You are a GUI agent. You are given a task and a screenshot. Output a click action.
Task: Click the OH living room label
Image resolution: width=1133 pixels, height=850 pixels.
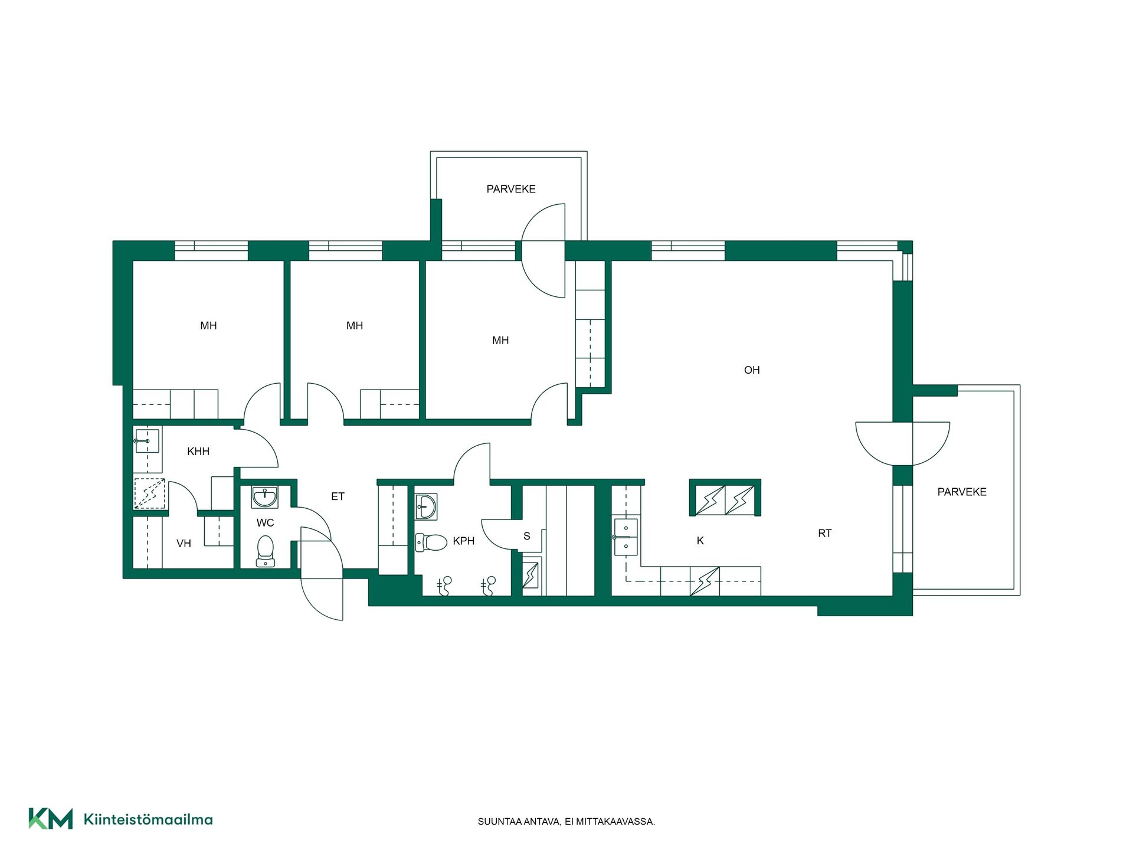[x=752, y=370]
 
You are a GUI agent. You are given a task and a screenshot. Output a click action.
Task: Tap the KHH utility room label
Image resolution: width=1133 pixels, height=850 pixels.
[x=198, y=452]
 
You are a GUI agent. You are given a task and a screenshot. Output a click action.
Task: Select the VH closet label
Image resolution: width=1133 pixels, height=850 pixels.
[x=184, y=544]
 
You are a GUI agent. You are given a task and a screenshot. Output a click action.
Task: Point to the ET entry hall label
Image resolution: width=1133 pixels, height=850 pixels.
[x=338, y=496]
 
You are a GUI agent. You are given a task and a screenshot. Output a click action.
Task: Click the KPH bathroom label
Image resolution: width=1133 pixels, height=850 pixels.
[x=464, y=541]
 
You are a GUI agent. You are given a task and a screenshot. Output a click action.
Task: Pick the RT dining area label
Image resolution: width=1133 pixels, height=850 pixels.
[x=825, y=534]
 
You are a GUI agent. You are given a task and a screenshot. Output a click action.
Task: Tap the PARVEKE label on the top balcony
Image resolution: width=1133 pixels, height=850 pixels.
[x=511, y=189]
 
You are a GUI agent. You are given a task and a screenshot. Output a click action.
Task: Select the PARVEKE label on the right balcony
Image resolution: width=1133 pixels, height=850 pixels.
[x=962, y=492]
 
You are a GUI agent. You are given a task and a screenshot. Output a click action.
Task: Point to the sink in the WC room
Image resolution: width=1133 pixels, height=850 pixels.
[x=265, y=497]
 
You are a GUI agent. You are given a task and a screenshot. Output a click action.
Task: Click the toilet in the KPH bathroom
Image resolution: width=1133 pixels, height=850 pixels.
[x=431, y=542]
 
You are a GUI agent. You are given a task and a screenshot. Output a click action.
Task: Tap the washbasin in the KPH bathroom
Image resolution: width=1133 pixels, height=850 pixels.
[x=426, y=506]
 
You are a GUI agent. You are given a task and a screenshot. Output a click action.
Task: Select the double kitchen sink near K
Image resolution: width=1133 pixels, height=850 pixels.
[x=626, y=537]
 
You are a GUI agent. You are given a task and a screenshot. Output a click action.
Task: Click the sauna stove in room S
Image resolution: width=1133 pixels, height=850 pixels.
[x=531, y=574]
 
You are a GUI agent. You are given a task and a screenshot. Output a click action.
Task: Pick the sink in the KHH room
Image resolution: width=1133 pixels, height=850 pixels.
[x=147, y=441]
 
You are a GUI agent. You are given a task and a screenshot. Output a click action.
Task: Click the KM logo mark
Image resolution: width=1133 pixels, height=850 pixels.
[x=51, y=819]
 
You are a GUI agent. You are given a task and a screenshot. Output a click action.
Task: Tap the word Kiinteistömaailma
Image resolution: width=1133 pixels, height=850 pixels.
[x=148, y=819]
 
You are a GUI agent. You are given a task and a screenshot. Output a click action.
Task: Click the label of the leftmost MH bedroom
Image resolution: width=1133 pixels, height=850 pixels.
[x=208, y=326]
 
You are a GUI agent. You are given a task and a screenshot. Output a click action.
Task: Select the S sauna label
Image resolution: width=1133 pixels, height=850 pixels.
[x=527, y=536]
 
